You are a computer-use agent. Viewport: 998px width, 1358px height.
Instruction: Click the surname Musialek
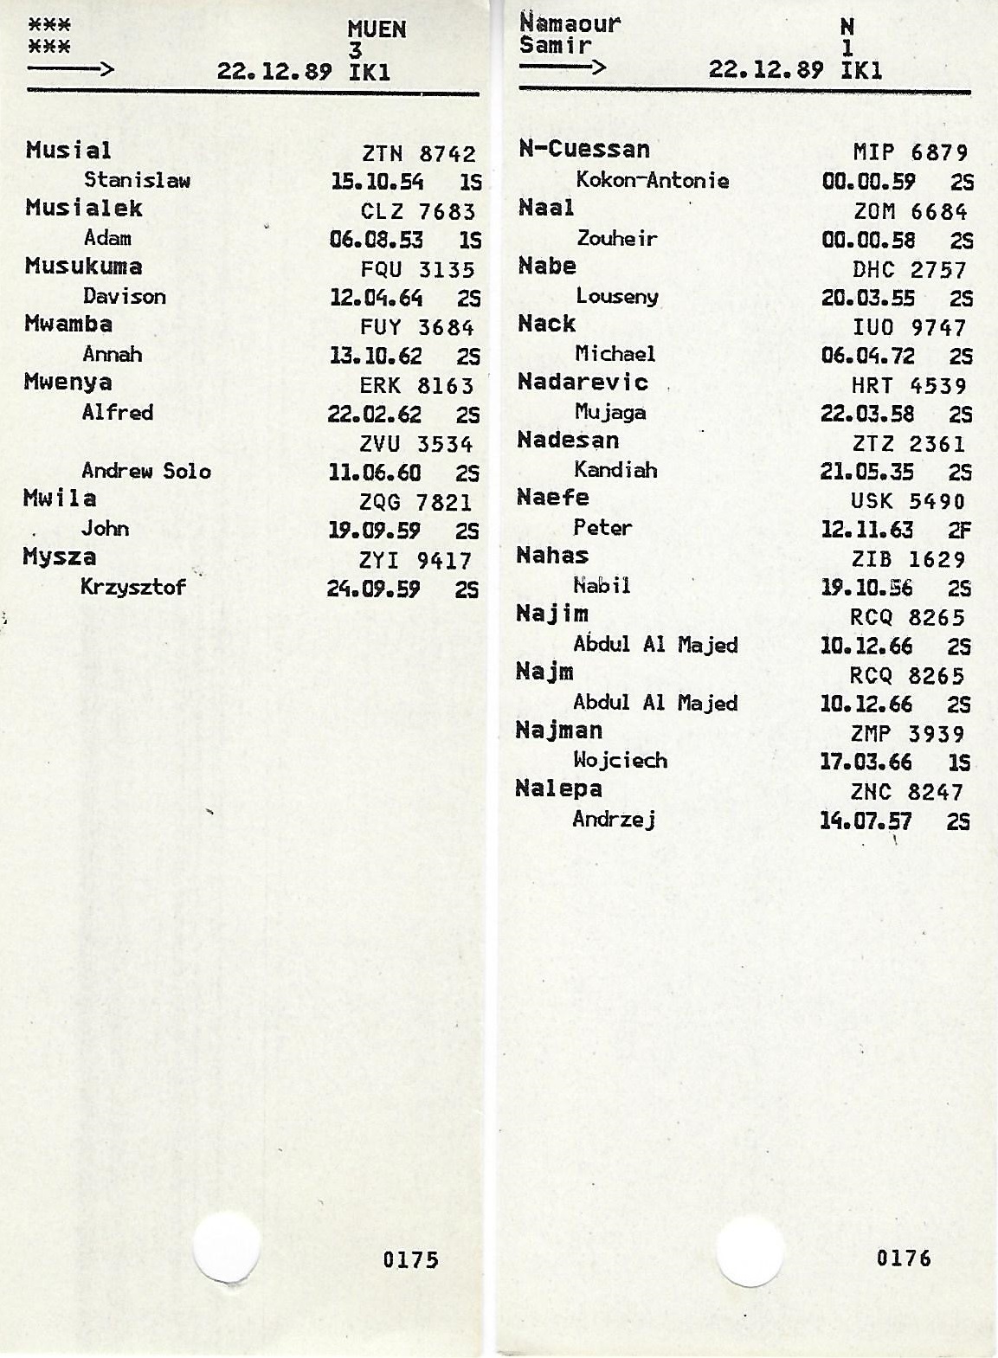(84, 209)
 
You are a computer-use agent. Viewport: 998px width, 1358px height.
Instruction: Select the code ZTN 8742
(419, 154)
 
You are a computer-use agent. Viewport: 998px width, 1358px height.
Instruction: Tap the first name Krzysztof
(133, 587)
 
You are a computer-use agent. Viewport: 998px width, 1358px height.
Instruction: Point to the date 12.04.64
(377, 298)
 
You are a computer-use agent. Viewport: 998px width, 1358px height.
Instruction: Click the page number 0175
(410, 1259)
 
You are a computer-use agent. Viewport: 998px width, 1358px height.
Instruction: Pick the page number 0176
(904, 1258)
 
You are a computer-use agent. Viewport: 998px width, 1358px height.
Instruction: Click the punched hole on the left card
(226, 1249)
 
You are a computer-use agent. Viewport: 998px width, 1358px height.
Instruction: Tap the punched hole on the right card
(750, 1252)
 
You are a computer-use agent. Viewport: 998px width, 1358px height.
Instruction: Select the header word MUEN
(377, 29)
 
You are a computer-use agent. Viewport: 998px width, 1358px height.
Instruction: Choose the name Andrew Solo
(146, 471)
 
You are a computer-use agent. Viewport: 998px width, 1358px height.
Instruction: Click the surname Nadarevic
(583, 382)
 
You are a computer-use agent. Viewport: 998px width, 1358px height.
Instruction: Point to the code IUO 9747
(909, 327)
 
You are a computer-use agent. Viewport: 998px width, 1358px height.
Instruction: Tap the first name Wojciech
(620, 760)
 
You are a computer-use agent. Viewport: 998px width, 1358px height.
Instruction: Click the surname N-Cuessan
(584, 150)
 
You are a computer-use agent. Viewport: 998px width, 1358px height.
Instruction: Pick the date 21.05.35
(866, 472)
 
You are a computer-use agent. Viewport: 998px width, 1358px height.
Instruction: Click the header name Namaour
(570, 23)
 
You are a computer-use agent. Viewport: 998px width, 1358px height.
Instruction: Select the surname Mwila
(60, 499)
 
